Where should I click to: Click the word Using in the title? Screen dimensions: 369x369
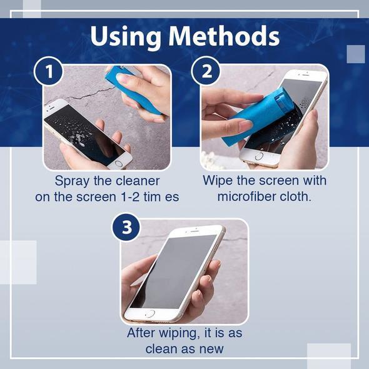click(x=126, y=37)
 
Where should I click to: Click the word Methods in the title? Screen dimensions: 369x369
click(x=224, y=36)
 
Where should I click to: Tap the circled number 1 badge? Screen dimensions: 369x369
click(x=49, y=71)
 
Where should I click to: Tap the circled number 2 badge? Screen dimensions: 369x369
click(x=206, y=71)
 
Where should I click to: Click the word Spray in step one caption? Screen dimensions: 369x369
click(x=72, y=181)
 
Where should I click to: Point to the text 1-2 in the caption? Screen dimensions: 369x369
click(x=129, y=197)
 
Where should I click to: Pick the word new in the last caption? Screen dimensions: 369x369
click(x=211, y=349)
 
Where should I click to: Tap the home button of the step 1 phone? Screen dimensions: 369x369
click(x=119, y=163)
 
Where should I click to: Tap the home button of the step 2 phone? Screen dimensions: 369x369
click(x=259, y=156)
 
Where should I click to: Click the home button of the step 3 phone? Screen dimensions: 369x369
click(x=149, y=313)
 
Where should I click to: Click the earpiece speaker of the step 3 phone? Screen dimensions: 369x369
click(x=195, y=231)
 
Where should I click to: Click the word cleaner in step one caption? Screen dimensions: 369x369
click(x=138, y=181)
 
